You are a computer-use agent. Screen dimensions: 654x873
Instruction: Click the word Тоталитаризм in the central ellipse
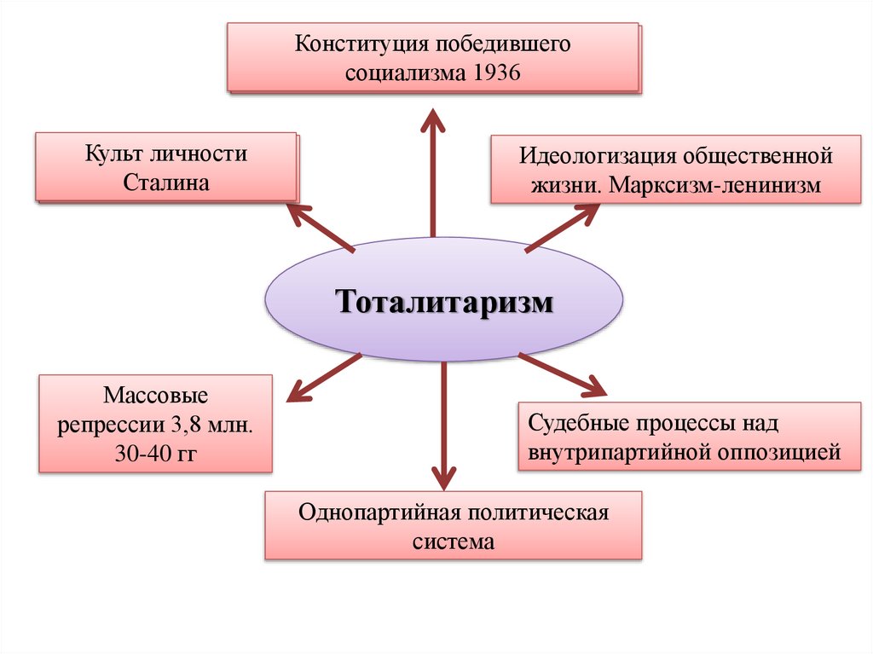(x=444, y=301)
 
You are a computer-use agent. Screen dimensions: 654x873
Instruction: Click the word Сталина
(x=166, y=182)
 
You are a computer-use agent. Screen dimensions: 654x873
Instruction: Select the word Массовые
(x=155, y=396)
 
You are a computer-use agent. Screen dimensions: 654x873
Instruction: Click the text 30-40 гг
(x=155, y=452)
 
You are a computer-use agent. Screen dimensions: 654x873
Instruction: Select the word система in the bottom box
(x=454, y=541)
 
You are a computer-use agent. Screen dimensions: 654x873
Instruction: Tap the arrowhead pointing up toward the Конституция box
(x=433, y=119)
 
